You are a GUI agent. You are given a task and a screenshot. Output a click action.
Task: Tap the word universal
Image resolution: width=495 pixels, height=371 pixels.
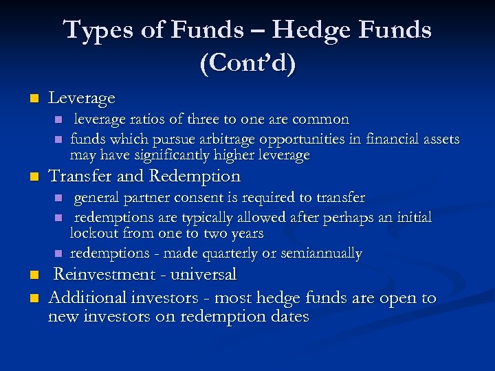point(204,274)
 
